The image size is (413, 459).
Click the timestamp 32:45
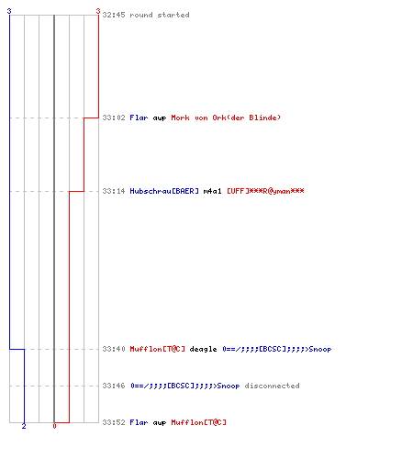pos(114,15)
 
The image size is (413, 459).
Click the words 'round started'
pos(160,15)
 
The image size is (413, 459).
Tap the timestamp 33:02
pos(114,118)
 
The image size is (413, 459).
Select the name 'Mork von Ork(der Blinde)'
pos(226,118)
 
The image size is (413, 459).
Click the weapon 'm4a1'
pos(212,191)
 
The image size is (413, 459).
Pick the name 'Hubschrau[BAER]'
pos(164,191)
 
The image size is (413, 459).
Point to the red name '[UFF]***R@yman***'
pos(265,191)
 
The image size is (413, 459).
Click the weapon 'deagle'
pos(203,349)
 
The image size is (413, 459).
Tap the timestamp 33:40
pos(114,349)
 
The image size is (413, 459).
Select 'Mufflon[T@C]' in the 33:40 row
pos(157,349)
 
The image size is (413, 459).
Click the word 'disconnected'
pos(272,386)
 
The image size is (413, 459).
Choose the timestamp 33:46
pos(114,386)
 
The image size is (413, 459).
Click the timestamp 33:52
pos(114,422)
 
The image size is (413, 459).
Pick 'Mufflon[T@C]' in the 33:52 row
pos(198,422)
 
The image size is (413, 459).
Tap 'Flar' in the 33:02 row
pos(139,118)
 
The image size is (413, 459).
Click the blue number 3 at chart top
pos(9,11)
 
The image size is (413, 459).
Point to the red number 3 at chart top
pos(98,11)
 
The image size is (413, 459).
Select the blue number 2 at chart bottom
pos(24,426)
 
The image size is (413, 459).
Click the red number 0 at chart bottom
pos(54,426)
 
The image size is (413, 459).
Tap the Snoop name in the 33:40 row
pos(277,349)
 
